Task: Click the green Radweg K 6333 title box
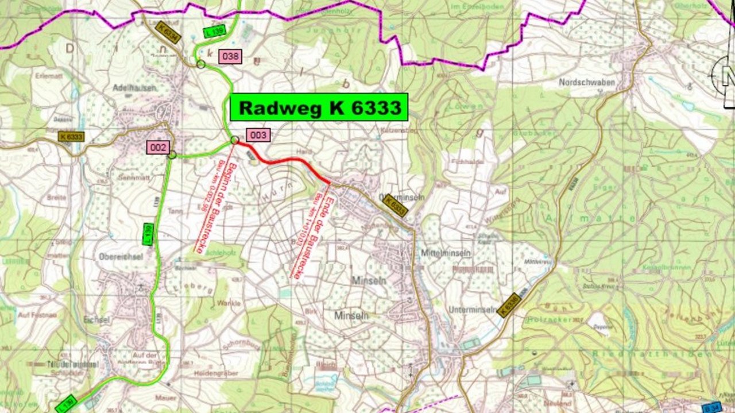pos(319,107)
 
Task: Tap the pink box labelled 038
pos(230,56)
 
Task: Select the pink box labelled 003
pos(258,135)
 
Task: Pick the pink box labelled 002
pos(157,147)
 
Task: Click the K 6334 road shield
pos(168,32)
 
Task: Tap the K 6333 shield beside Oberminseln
pos(396,206)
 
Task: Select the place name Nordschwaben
pos(587,82)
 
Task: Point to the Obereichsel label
pos(121,257)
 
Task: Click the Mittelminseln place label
pos(446,253)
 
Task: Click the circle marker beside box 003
pos(234,140)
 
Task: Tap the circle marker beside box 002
pos(172,155)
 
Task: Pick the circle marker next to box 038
pos(200,64)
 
